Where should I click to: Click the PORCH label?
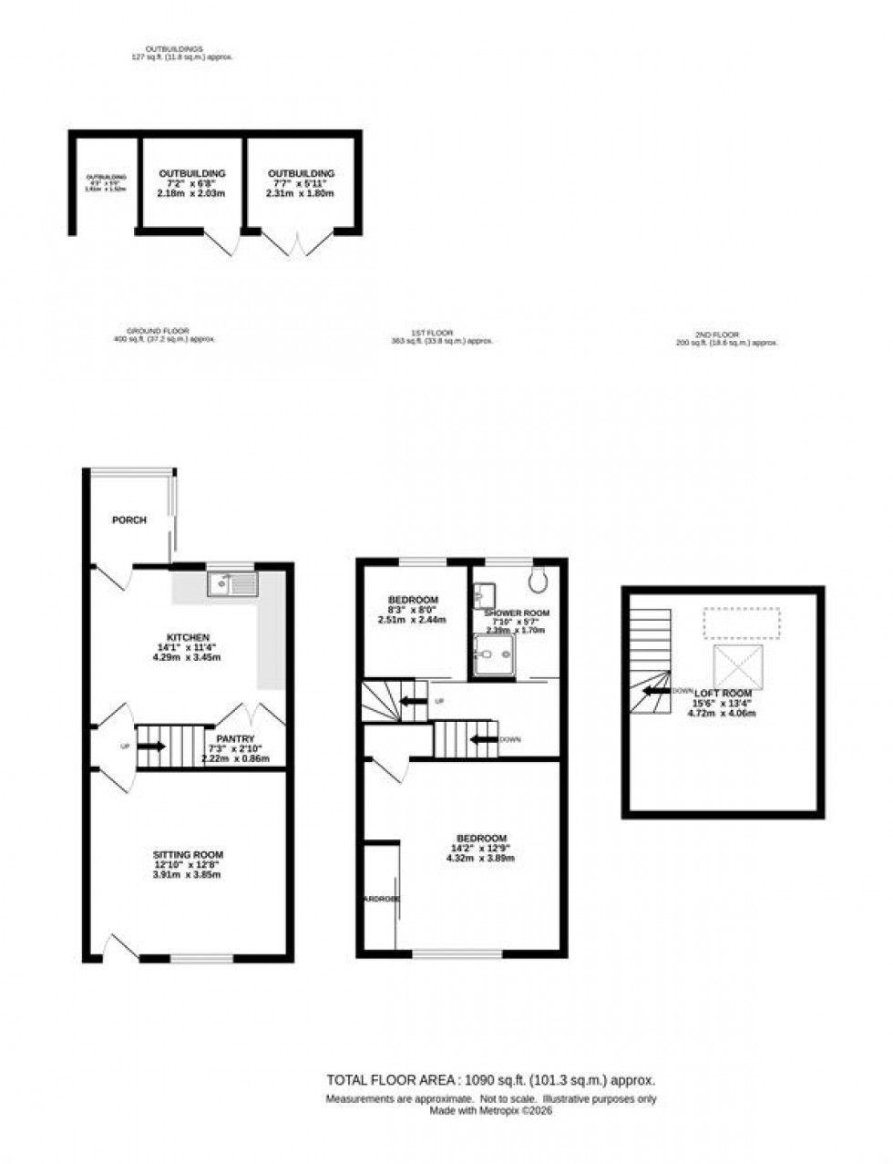pos(129,520)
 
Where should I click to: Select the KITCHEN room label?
pos(189,637)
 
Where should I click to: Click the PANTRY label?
pos(236,739)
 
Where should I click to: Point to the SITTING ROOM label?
pos(188,855)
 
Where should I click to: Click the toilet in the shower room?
pos(538,577)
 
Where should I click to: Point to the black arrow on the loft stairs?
pos(656,691)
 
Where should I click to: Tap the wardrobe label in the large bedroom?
pos(382,899)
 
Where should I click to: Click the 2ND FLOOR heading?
pos(727,335)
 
